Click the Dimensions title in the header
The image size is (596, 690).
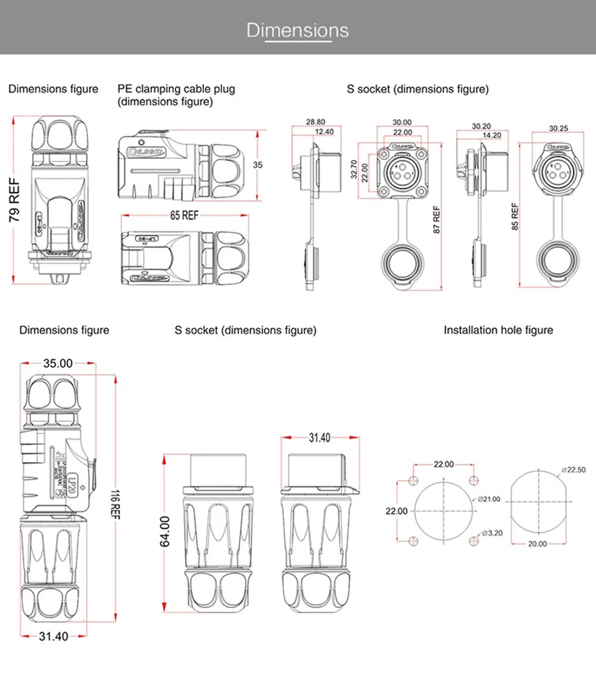point(297,30)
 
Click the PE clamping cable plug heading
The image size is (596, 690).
point(176,96)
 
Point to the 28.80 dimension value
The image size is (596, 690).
point(315,122)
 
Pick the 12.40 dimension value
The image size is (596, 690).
point(324,132)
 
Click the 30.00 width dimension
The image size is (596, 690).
point(402,122)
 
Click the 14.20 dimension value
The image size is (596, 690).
point(491,135)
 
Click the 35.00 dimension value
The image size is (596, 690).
point(57,364)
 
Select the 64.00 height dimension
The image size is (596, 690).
point(164,531)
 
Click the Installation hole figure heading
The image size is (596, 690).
point(498,330)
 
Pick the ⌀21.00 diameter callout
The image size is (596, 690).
point(488,499)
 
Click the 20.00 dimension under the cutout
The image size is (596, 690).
point(537,544)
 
